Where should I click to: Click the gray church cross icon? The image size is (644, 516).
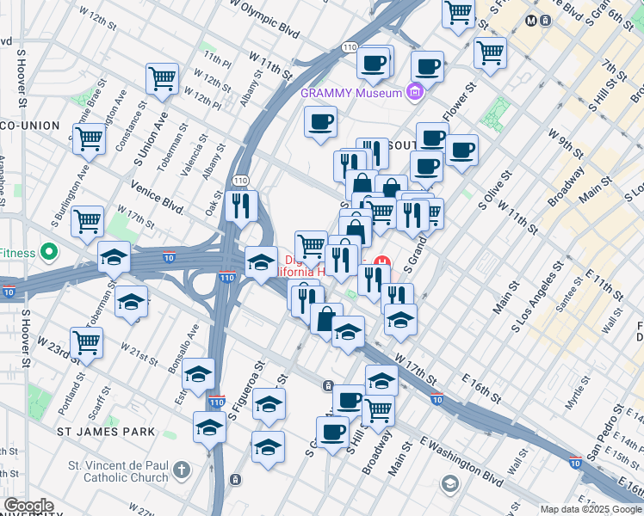180,470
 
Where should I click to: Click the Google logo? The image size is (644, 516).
28,506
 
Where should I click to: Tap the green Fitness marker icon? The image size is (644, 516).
49,253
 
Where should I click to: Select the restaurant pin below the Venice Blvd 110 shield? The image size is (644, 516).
241,206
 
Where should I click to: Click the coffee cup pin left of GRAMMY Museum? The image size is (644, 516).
320,121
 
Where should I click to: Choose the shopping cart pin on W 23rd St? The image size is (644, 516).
86,341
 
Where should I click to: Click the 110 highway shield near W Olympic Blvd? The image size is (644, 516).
349,46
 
